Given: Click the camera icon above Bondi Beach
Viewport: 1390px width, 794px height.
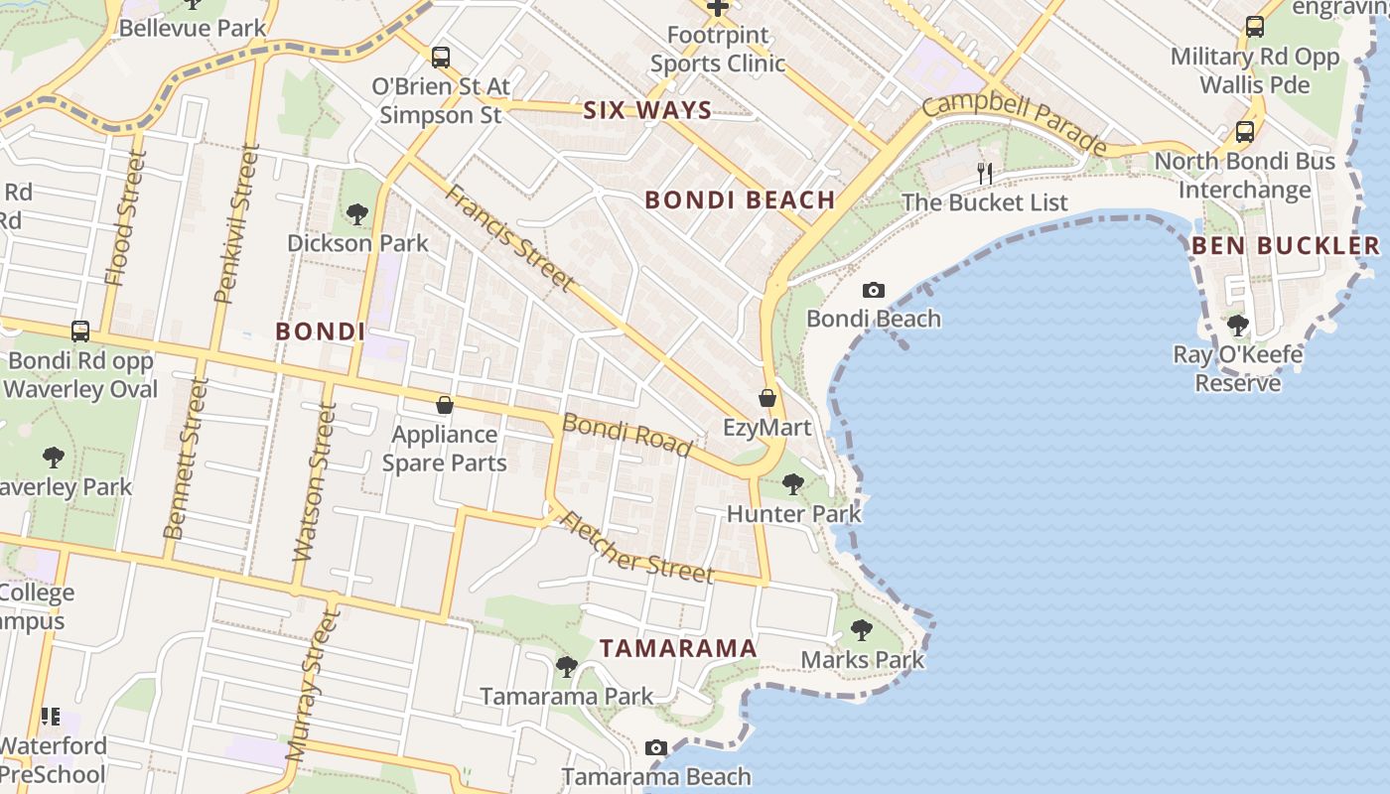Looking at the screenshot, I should click(874, 291).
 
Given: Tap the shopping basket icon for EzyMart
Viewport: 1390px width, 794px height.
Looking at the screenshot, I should click(767, 399).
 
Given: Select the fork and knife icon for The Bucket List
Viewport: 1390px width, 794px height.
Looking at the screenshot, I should click(985, 174).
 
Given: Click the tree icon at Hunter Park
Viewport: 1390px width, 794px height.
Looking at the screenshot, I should click(793, 484).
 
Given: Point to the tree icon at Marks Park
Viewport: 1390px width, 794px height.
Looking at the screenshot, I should click(862, 630).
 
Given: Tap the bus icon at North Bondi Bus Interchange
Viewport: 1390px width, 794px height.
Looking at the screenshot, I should click(1244, 132).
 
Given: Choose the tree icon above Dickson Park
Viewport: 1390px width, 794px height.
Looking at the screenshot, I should click(356, 213).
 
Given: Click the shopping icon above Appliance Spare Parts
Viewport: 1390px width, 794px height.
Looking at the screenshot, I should click(445, 405).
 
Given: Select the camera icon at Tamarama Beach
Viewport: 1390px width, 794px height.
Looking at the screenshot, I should click(656, 747).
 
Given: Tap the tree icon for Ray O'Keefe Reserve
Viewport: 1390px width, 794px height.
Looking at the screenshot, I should click(1237, 325).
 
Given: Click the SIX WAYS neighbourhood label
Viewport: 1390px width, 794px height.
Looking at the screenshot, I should click(647, 110).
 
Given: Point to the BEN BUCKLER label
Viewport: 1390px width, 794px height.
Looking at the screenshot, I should click(1286, 246).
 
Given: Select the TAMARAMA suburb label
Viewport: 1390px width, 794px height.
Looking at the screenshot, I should click(678, 649).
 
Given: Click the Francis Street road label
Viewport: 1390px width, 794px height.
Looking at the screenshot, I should click(508, 238).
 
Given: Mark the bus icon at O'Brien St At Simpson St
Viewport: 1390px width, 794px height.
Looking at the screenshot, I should click(441, 58).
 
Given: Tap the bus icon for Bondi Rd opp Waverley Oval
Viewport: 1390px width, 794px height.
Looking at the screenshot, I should click(80, 331).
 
